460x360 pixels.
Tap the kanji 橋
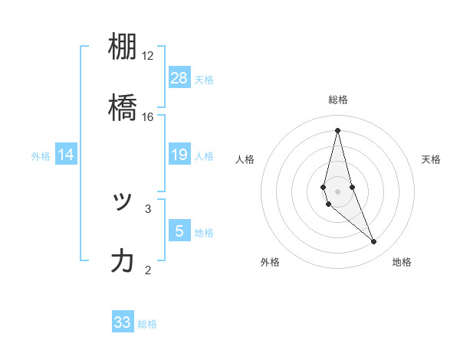[x=123, y=109]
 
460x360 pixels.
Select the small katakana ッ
[x=123, y=201]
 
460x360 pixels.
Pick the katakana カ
[x=123, y=261]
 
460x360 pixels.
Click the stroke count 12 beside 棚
[x=148, y=56]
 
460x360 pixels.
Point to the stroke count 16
[x=148, y=117]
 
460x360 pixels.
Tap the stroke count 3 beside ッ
[x=148, y=208]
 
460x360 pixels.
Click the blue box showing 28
[x=179, y=77]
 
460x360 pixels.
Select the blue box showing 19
[x=179, y=155]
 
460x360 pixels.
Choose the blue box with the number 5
[x=179, y=231]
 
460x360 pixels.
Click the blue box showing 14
[x=66, y=155]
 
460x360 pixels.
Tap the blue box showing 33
[x=123, y=322]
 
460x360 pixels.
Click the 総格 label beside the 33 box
[x=147, y=324]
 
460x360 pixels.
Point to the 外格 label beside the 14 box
[x=41, y=156]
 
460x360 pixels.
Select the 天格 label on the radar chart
[x=431, y=159]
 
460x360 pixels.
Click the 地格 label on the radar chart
[x=402, y=262]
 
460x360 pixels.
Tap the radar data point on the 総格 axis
[x=337, y=129]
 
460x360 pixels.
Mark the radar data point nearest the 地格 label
[x=374, y=242]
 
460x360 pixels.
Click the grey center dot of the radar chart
[x=337, y=191]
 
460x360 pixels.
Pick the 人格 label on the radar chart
[x=245, y=159]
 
